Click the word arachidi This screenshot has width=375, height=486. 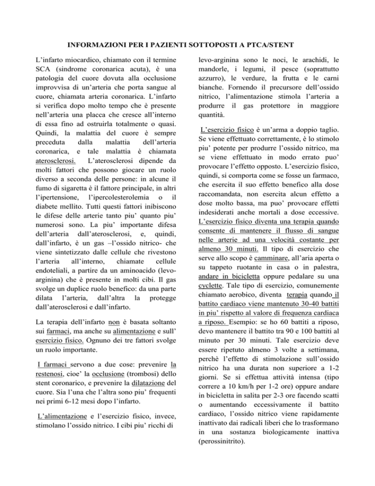coord(312,61)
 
